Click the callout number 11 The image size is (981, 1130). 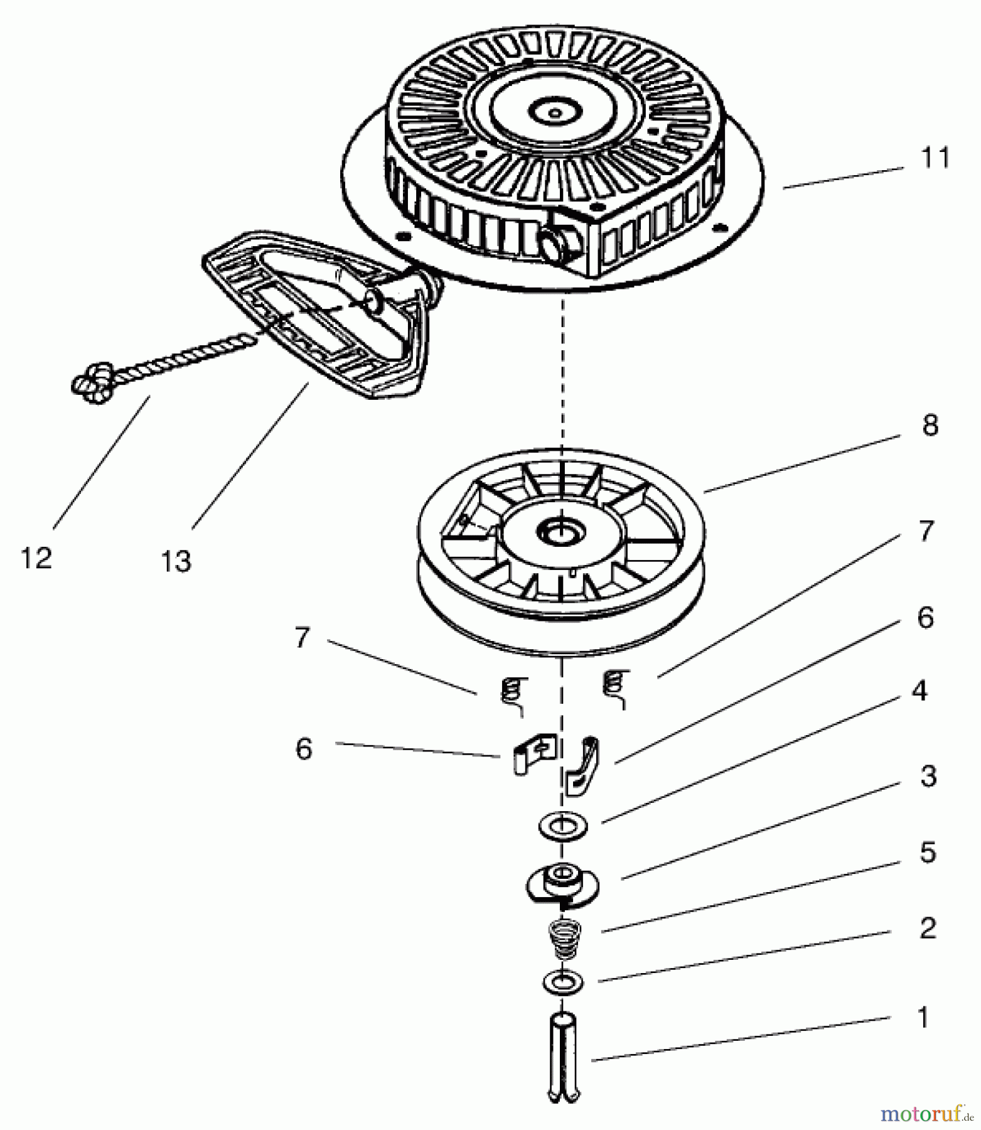(935, 158)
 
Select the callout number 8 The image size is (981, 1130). (930, 425)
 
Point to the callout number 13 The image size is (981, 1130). (176, 561)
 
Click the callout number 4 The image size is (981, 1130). (919, 691)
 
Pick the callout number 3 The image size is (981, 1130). (928, 777)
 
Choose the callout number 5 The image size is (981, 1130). (928, 853)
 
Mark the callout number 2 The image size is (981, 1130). (928, 928)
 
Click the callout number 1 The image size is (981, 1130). (922, 1018)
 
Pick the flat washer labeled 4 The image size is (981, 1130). (562, 826)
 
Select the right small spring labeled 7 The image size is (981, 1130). (615, 688)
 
